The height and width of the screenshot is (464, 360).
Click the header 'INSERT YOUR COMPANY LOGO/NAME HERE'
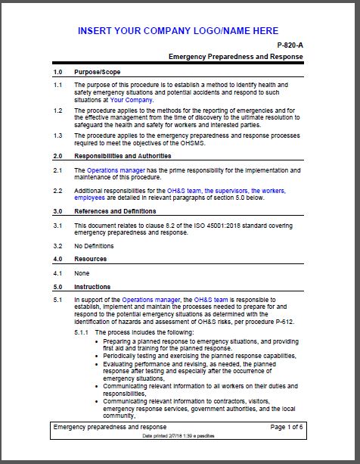178,31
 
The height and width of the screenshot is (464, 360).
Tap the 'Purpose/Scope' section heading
96,72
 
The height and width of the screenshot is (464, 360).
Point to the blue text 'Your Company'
132,99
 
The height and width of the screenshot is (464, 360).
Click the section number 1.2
57,110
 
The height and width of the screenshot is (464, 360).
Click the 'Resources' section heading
91,259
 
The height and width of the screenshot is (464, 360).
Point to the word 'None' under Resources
82,272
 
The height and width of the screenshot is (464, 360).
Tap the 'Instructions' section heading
92,287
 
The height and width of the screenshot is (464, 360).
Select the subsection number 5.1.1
82,333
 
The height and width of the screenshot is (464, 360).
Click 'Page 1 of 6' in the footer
286,427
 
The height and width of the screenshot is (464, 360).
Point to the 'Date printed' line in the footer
178,436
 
